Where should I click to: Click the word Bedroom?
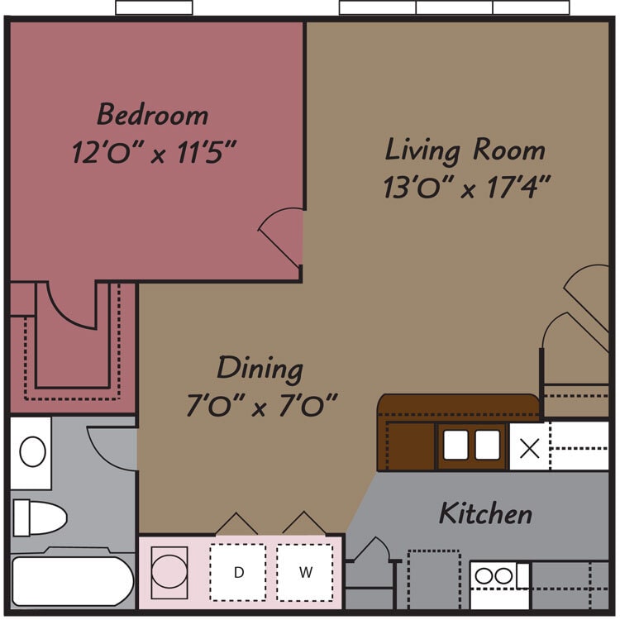(152, 113)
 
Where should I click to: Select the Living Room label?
(465, 150)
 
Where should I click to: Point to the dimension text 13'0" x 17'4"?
(466, 188)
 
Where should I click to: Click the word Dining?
(260, 368)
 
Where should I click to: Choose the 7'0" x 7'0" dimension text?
(262, 406)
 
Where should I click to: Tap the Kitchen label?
(484, 513)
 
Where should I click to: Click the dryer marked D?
(238, 572)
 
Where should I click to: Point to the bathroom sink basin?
(32, 452)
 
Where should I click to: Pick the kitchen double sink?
(472, 446)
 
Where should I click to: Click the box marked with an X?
(529, 447)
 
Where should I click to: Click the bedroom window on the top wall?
(154, 7)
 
